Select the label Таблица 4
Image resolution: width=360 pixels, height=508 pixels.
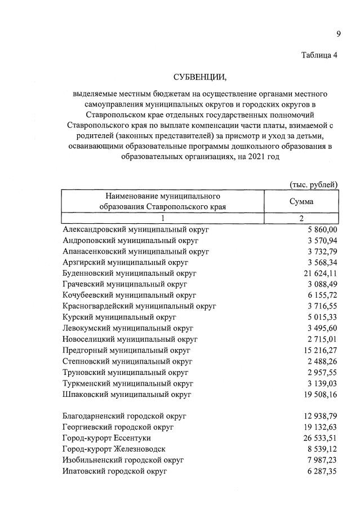[x=319, y=55]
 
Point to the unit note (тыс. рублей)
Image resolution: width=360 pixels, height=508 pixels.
[x=313, y=185]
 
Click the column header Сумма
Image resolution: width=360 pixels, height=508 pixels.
[x=301, y=201]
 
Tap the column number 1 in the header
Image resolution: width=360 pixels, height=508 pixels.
[x=163, y=218]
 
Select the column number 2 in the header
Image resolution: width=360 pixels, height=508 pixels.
[x=301, y=218]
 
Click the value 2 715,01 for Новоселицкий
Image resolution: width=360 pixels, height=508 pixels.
[x=320, y=339]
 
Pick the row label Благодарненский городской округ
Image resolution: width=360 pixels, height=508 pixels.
[x=125, y=416]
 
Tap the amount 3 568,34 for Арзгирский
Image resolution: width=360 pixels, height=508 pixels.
[x=320, y=263]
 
